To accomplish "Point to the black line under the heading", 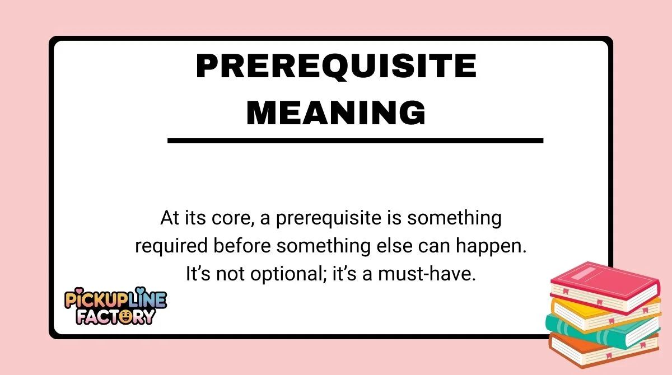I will [355, 141].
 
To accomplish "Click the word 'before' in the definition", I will [235, 246].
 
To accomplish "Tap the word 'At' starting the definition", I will [169, 218].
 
